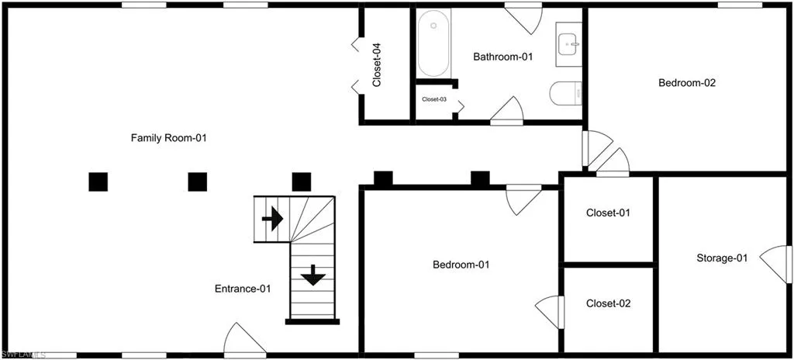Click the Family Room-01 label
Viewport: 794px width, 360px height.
(x=168, y=137)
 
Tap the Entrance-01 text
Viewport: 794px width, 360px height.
(x=243, y=289)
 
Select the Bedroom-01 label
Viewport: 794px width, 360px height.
(x=461, y=264)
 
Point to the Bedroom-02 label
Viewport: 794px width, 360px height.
(x=687, y=83)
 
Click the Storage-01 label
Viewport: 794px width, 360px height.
(x=722, y=258)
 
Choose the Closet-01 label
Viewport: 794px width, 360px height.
(x=608, y=213)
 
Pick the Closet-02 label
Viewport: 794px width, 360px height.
(x=609, y=303)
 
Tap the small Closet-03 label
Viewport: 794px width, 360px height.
(x=434, y=99)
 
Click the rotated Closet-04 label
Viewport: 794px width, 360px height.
(x=376, y=65)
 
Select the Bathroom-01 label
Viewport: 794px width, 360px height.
(x=503, y=57)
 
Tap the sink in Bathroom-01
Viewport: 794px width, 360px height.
(x=568, y=45)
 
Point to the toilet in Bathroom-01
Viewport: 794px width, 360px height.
(x=565, y=93)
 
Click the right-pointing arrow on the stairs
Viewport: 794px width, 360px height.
(x=272, y=219)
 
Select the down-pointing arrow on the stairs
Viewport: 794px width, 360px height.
(x=313, y=275)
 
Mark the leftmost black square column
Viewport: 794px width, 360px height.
(x=98, y=182)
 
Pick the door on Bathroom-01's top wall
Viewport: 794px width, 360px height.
(x=525, y=19)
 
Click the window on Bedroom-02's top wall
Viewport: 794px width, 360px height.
(x=740, y=5)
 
